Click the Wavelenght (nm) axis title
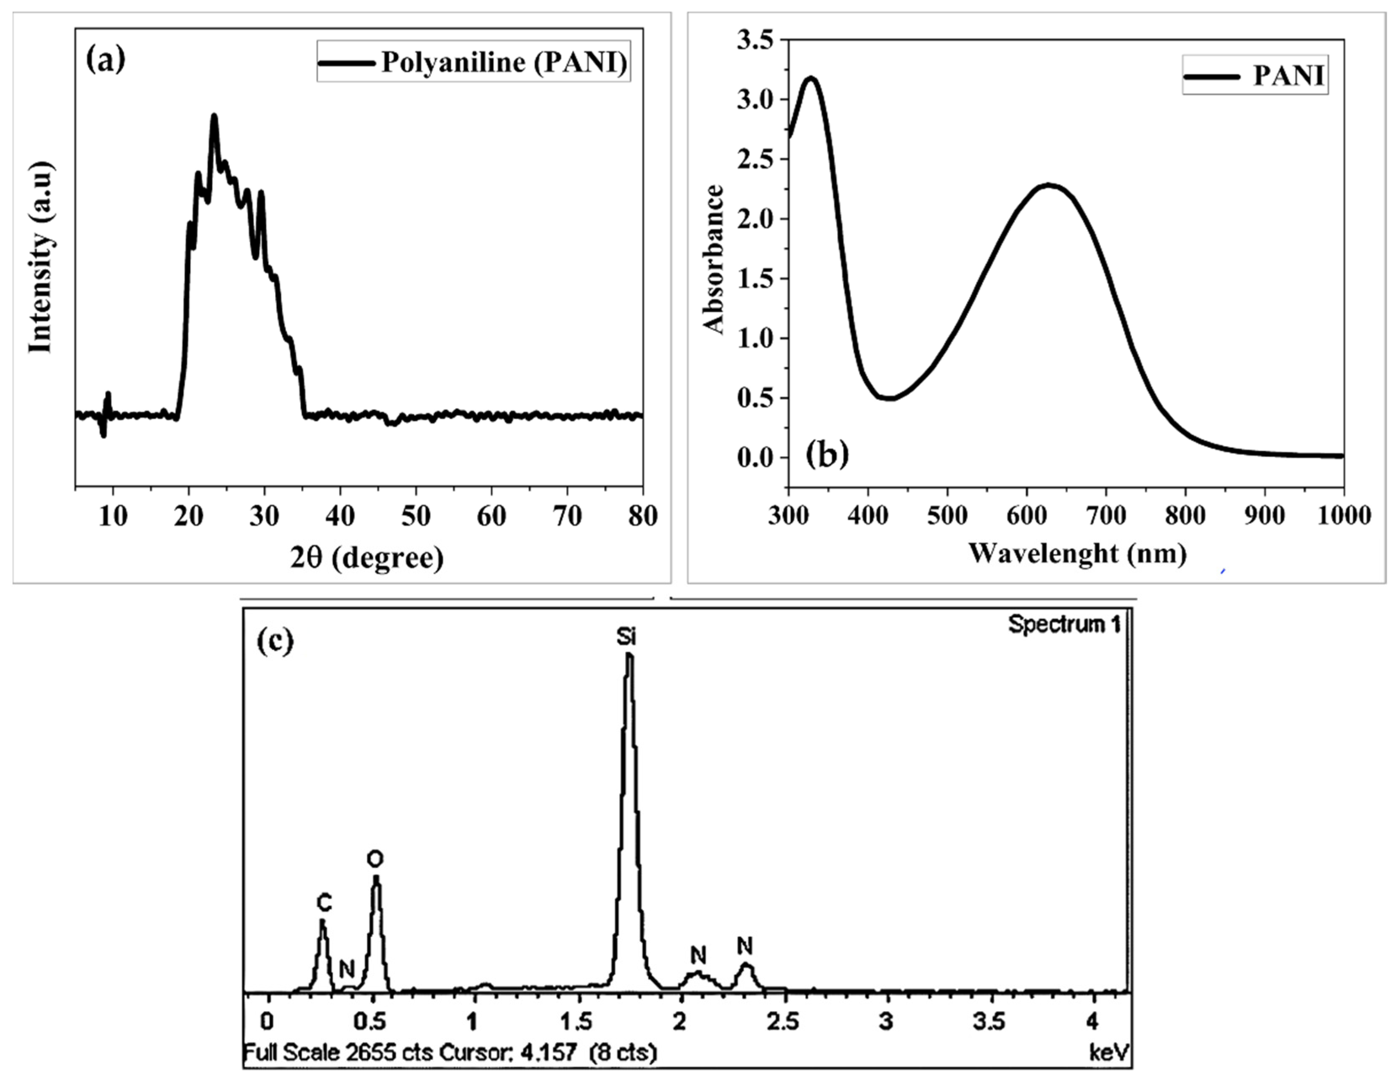(1077, 553)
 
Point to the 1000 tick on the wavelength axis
(1344, 515)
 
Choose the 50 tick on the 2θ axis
(415, 515)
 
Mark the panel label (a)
(105, 60)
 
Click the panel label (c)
(275, 641)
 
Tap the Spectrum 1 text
(1065, 624)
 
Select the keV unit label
(1109, 1052)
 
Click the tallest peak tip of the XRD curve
(214, 117)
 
